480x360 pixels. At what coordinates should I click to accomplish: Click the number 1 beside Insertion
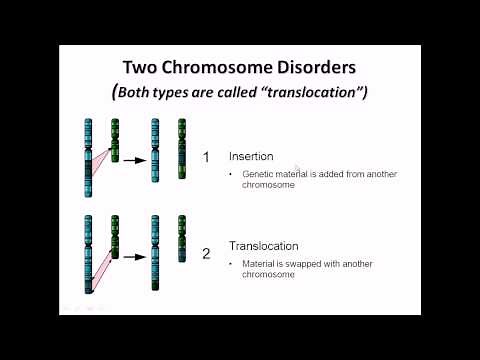[206, 157]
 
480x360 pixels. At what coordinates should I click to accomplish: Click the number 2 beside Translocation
[206, 253]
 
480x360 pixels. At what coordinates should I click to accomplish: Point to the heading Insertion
[255, 156]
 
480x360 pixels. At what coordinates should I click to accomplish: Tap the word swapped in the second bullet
[303, 263]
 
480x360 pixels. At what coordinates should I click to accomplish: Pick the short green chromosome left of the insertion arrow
[114, 139]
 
